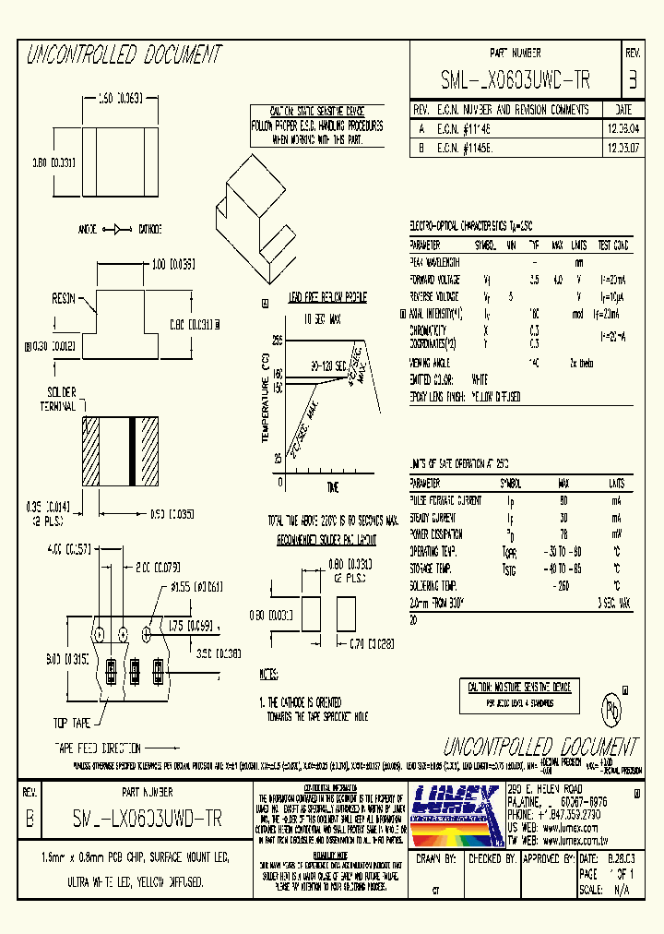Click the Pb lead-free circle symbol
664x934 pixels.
[611, 712]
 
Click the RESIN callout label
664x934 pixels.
[64, 300]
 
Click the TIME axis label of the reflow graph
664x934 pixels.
[333, 486]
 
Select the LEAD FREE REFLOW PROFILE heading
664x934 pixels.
[314, 298]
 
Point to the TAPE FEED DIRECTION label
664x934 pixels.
[96, 748]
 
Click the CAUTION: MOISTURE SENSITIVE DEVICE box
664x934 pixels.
[518, 688]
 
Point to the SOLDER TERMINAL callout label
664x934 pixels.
[61, 399]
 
